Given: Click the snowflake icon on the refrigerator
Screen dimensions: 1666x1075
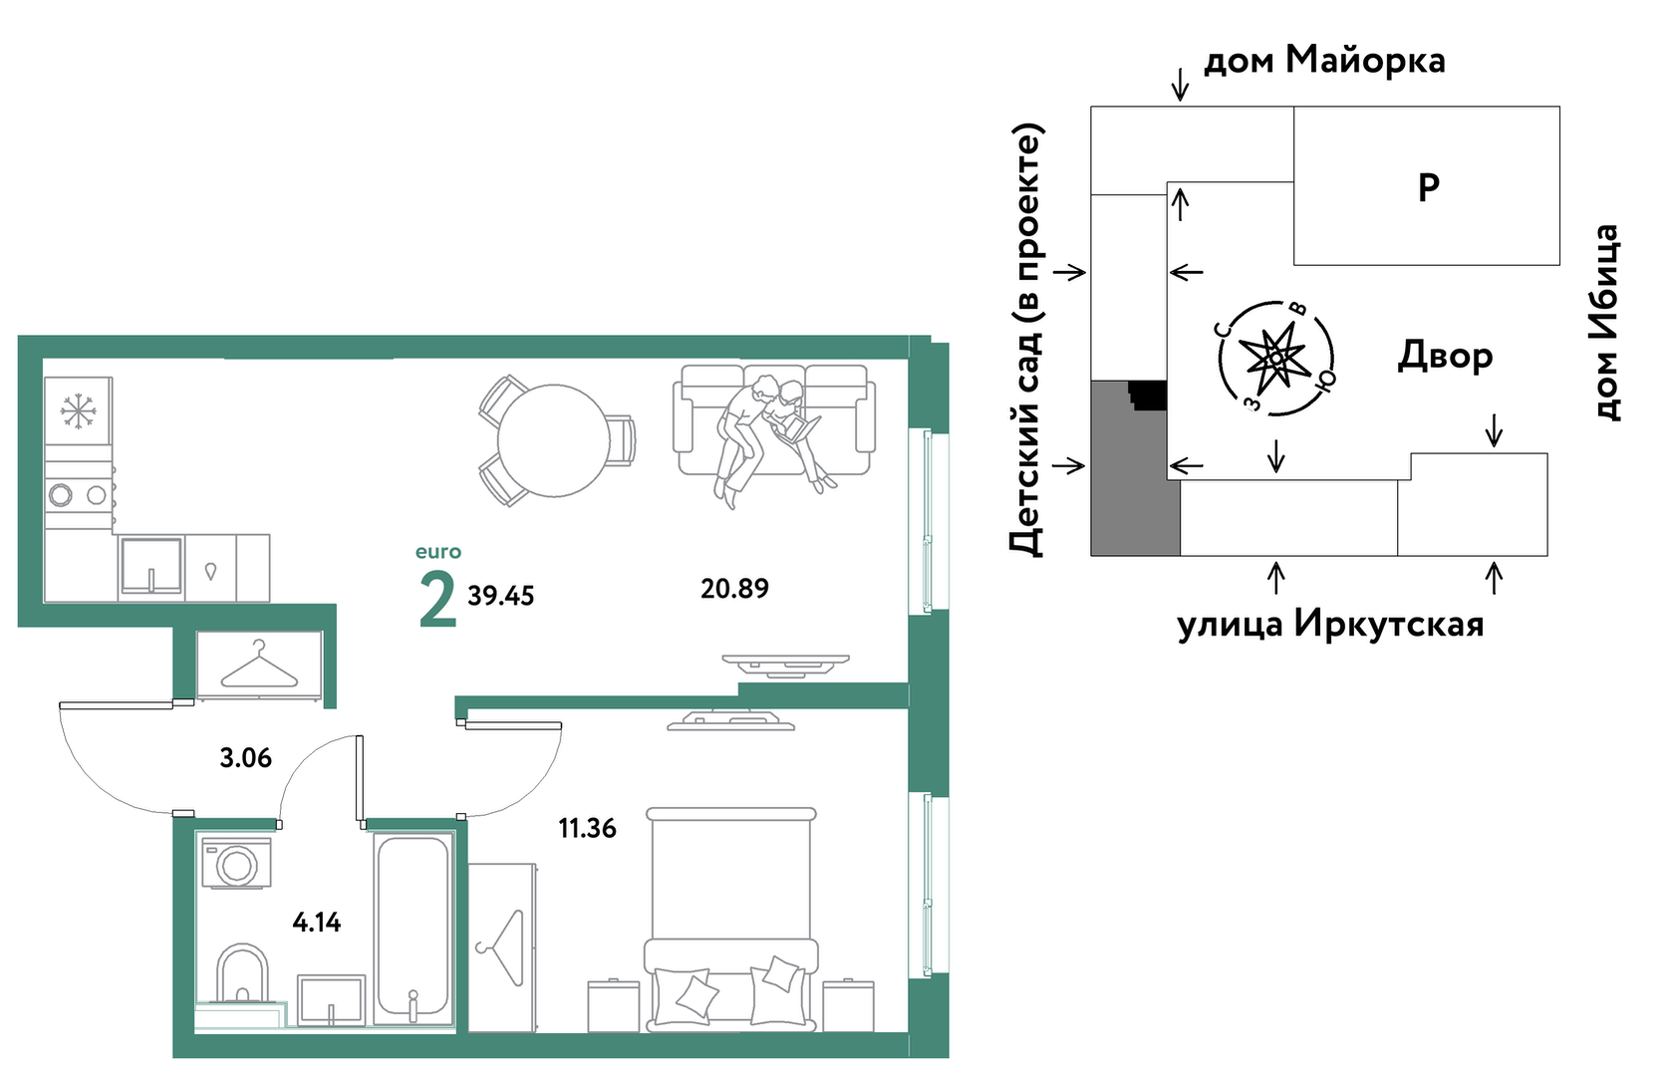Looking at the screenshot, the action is pyautogui.click(x=78, y=411).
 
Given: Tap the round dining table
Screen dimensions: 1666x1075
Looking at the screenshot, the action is pyautogui.click(x=553, y=440).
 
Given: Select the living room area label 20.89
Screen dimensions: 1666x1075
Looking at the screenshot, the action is pyautogui.click(x=734, y=589).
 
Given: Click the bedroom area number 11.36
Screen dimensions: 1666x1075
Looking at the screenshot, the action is pyautogui.click(x=588, y=828).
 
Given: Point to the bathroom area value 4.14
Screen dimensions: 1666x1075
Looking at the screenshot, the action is pyautogui.click(x=317, y=923).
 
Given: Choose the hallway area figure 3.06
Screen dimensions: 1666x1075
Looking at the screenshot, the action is pyautogui.click(x=246, y=758).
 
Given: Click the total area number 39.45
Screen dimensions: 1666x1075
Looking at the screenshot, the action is pyautogui.click(x=500, y=596).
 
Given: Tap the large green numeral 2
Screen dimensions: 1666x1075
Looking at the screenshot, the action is pyautogui.click(x=437, y=599).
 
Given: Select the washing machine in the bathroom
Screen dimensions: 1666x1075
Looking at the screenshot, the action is pyautogui.click(x=236, y=864).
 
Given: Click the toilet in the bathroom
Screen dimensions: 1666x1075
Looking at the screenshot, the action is pyautogui.click(x=242, y=974).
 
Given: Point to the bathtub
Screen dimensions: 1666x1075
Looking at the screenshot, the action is pyautogui.click(x=414, y=929).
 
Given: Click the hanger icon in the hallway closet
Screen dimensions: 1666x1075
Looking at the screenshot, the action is pyautogui.click(x=260, y=665).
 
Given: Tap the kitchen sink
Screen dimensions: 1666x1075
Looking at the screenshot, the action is pyautogui.click(x=151, y=566).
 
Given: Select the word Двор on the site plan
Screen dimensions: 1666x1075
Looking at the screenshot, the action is pyautogui.click(x=1445, y=356).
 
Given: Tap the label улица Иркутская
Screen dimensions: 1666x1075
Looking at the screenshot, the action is pyautogui.click(x=1330, y=625).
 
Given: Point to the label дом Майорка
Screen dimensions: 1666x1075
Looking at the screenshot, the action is pyautogui.click(x=1324, y=60).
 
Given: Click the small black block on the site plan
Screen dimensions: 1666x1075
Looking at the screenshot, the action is pyautogui.click(x=1148, y=395).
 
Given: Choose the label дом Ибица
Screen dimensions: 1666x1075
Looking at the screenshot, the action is pyautogui.click(x=1605, y=322).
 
